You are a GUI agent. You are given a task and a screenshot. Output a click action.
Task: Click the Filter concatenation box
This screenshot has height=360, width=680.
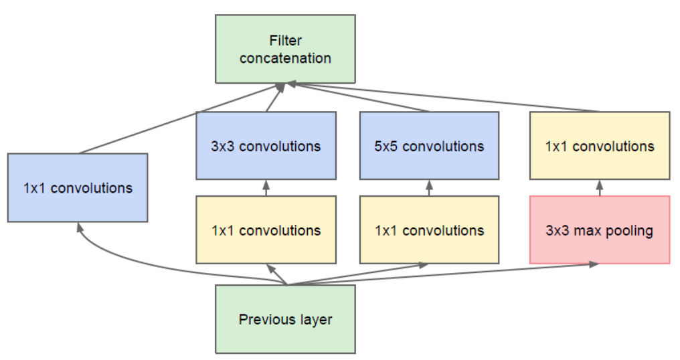[285, 50]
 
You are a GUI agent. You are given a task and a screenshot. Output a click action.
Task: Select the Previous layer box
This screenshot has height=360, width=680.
[285, 319]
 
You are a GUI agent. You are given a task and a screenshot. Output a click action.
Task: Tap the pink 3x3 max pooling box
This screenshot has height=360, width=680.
[599, 230]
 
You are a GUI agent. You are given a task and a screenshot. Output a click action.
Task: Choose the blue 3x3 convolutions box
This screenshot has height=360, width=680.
[266, 146]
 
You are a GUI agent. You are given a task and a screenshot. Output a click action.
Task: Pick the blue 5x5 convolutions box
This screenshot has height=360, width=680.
[429, 146]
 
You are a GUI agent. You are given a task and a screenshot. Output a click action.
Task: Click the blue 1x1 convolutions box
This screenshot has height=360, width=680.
[78, 188]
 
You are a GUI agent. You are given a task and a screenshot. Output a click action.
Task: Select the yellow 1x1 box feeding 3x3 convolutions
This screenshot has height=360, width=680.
[266, 230]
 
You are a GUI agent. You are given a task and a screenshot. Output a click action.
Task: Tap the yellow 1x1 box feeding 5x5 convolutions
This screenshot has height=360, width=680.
[429, 230]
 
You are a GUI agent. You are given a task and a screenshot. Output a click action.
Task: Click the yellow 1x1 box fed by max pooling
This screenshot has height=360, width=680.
[599, 146]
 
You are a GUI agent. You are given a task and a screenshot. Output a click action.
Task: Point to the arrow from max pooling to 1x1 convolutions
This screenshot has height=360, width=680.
[599, 188]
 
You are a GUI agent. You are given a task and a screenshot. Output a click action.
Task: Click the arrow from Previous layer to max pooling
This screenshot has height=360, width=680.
[469, 272]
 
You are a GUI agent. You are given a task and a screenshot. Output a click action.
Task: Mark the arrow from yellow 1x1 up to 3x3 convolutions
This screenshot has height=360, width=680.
[266, 188]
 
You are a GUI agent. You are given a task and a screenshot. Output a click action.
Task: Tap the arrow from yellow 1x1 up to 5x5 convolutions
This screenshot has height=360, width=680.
[429, 188]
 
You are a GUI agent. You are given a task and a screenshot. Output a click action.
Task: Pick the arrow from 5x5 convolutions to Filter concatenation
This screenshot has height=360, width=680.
[361, 98]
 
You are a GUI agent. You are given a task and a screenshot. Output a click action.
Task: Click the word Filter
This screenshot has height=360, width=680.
[285, 41]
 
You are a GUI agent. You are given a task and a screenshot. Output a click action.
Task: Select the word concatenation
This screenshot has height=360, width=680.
[285, 58]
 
